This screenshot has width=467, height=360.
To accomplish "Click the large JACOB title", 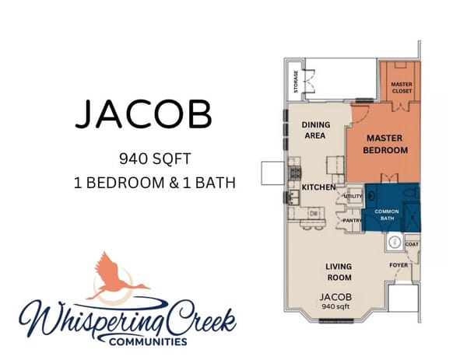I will coord(143,115).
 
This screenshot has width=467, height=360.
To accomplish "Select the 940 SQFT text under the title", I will coord(154,159).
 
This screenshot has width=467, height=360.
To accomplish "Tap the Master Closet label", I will coord(402,86).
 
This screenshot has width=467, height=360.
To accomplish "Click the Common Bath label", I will coord(387,215).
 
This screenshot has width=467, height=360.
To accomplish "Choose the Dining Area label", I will coord(315,130).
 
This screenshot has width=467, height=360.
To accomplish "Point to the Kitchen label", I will coord(318,187).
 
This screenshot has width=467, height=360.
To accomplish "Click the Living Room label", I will coord(339,272).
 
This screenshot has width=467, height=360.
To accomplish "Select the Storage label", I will coord(296,83).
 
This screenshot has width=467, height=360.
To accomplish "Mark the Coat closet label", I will coord(412,244).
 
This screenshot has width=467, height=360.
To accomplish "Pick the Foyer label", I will coord(399,265).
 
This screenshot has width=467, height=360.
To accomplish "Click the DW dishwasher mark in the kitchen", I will coord(312,212).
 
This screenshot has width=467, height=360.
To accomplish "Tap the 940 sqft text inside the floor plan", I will coord(336,306).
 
